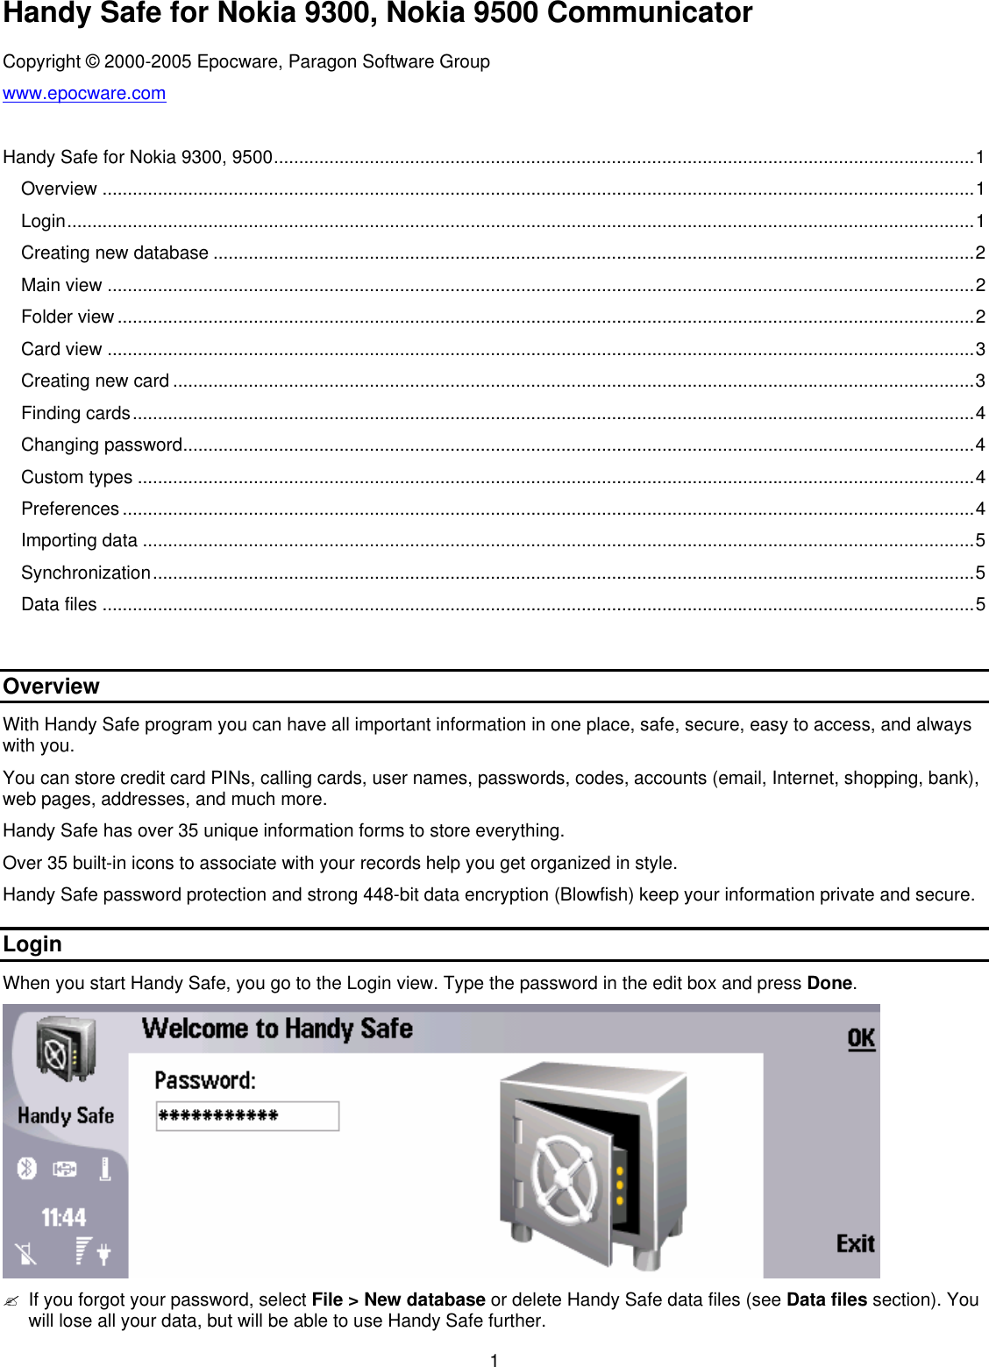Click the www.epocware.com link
(x=84, y=94)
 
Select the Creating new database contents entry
(x=115, y=253)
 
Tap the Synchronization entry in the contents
(x=86, y=573)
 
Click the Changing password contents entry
(x=102, y=445)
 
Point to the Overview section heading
(x=52, y=687)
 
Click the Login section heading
(x=32, y=944)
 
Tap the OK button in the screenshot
(x=860, y=1039)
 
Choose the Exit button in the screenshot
(x=855, y=1243)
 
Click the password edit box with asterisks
(x=247, y=1116)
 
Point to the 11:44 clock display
(x=64, y=1217)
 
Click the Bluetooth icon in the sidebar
(x=27, y=1168)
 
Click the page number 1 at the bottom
(x=494, y=1360)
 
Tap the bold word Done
(x=829, y=984)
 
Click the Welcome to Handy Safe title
(x=277, y=1029)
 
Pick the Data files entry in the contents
(x=59, y=605)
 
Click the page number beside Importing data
(x=980, y=541)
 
